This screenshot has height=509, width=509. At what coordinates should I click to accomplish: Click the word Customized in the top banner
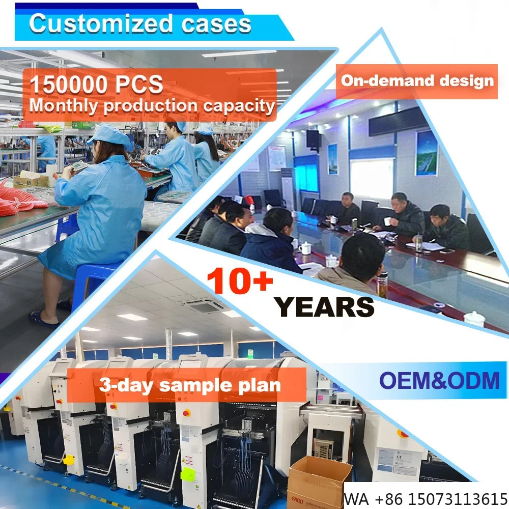click(x=97, y=24)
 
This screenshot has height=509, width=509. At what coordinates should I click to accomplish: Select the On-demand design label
click(x=417, y=80)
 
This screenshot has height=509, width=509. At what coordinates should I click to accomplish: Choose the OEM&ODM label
click(x=439, y=380)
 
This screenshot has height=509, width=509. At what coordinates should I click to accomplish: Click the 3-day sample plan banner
click(x=190, y=384)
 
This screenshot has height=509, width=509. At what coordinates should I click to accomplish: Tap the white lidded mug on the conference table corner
click(x=473, y=319)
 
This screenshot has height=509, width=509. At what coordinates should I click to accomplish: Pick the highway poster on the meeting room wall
click(x=426, y=153)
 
